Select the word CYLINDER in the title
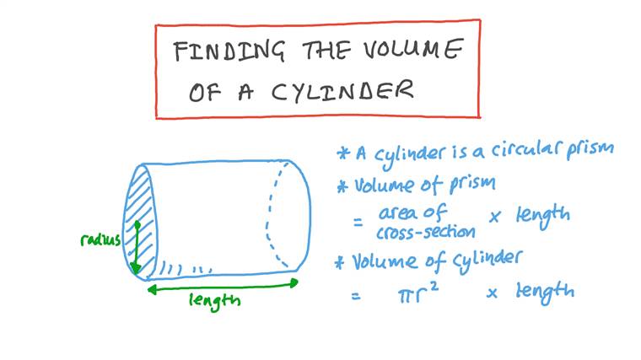342,91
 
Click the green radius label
100,240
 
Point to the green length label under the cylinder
214,299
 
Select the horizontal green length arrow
223,285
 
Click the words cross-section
425,229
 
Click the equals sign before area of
358,222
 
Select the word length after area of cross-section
542,216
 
